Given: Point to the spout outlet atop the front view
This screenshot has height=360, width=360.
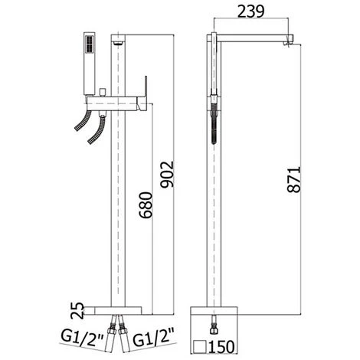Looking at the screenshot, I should click(x=117, y=40).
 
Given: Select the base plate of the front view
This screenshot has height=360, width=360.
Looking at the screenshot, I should click(x=116, y=309).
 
